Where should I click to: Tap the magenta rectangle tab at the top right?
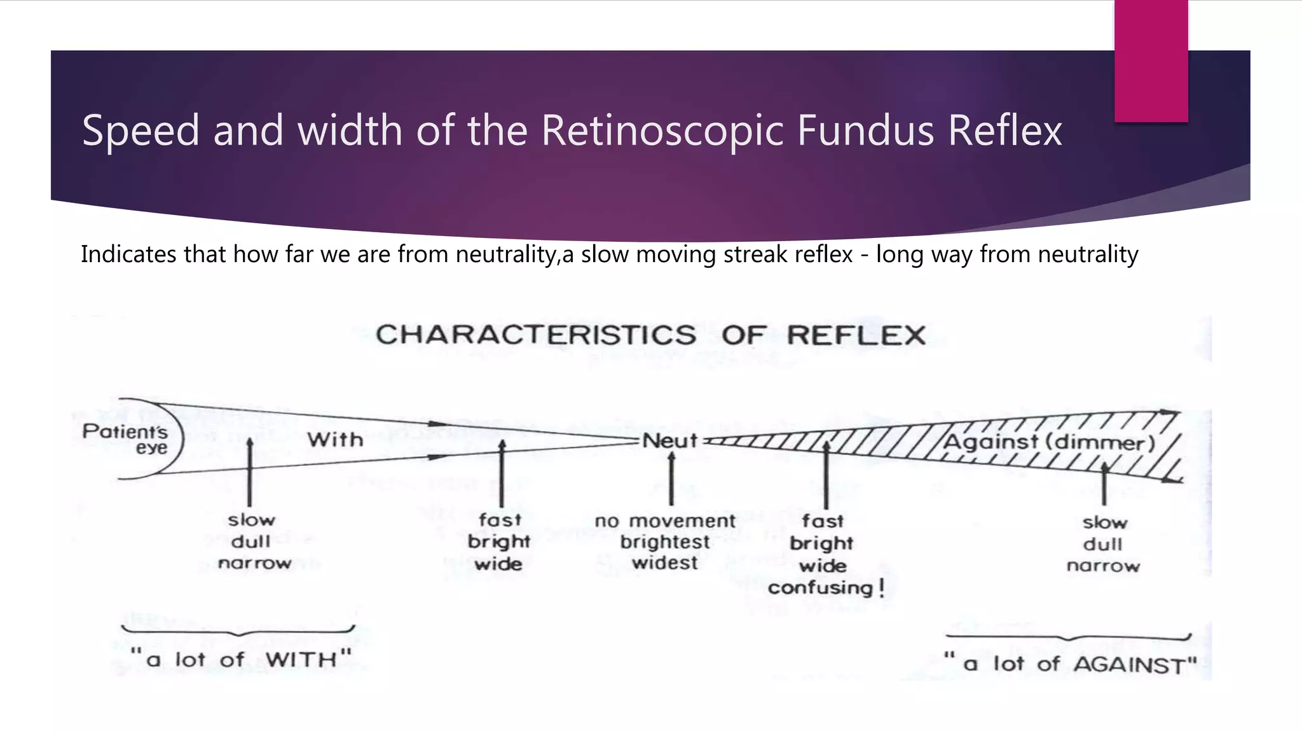click(1151, 61)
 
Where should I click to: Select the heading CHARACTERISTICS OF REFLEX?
click(650, 335)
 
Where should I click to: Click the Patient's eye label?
click(126, 439)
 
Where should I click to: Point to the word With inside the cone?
click(335, 440)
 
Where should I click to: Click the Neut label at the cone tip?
click(669, 440)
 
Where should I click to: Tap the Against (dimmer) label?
click(1048, 442)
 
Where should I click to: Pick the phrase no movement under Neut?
click(665, 521)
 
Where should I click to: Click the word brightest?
click(665, 542)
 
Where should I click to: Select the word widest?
click(665, 563)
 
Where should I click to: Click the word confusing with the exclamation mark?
click(826, 587)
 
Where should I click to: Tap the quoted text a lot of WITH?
click(241, 659)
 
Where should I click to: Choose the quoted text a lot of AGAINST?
click(1070, 664)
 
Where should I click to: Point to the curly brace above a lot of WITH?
click(238, 631)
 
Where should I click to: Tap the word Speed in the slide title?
click(141, 130)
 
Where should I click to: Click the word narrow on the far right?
click(1103, 566)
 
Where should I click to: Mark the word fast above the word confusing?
click(822, 521)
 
